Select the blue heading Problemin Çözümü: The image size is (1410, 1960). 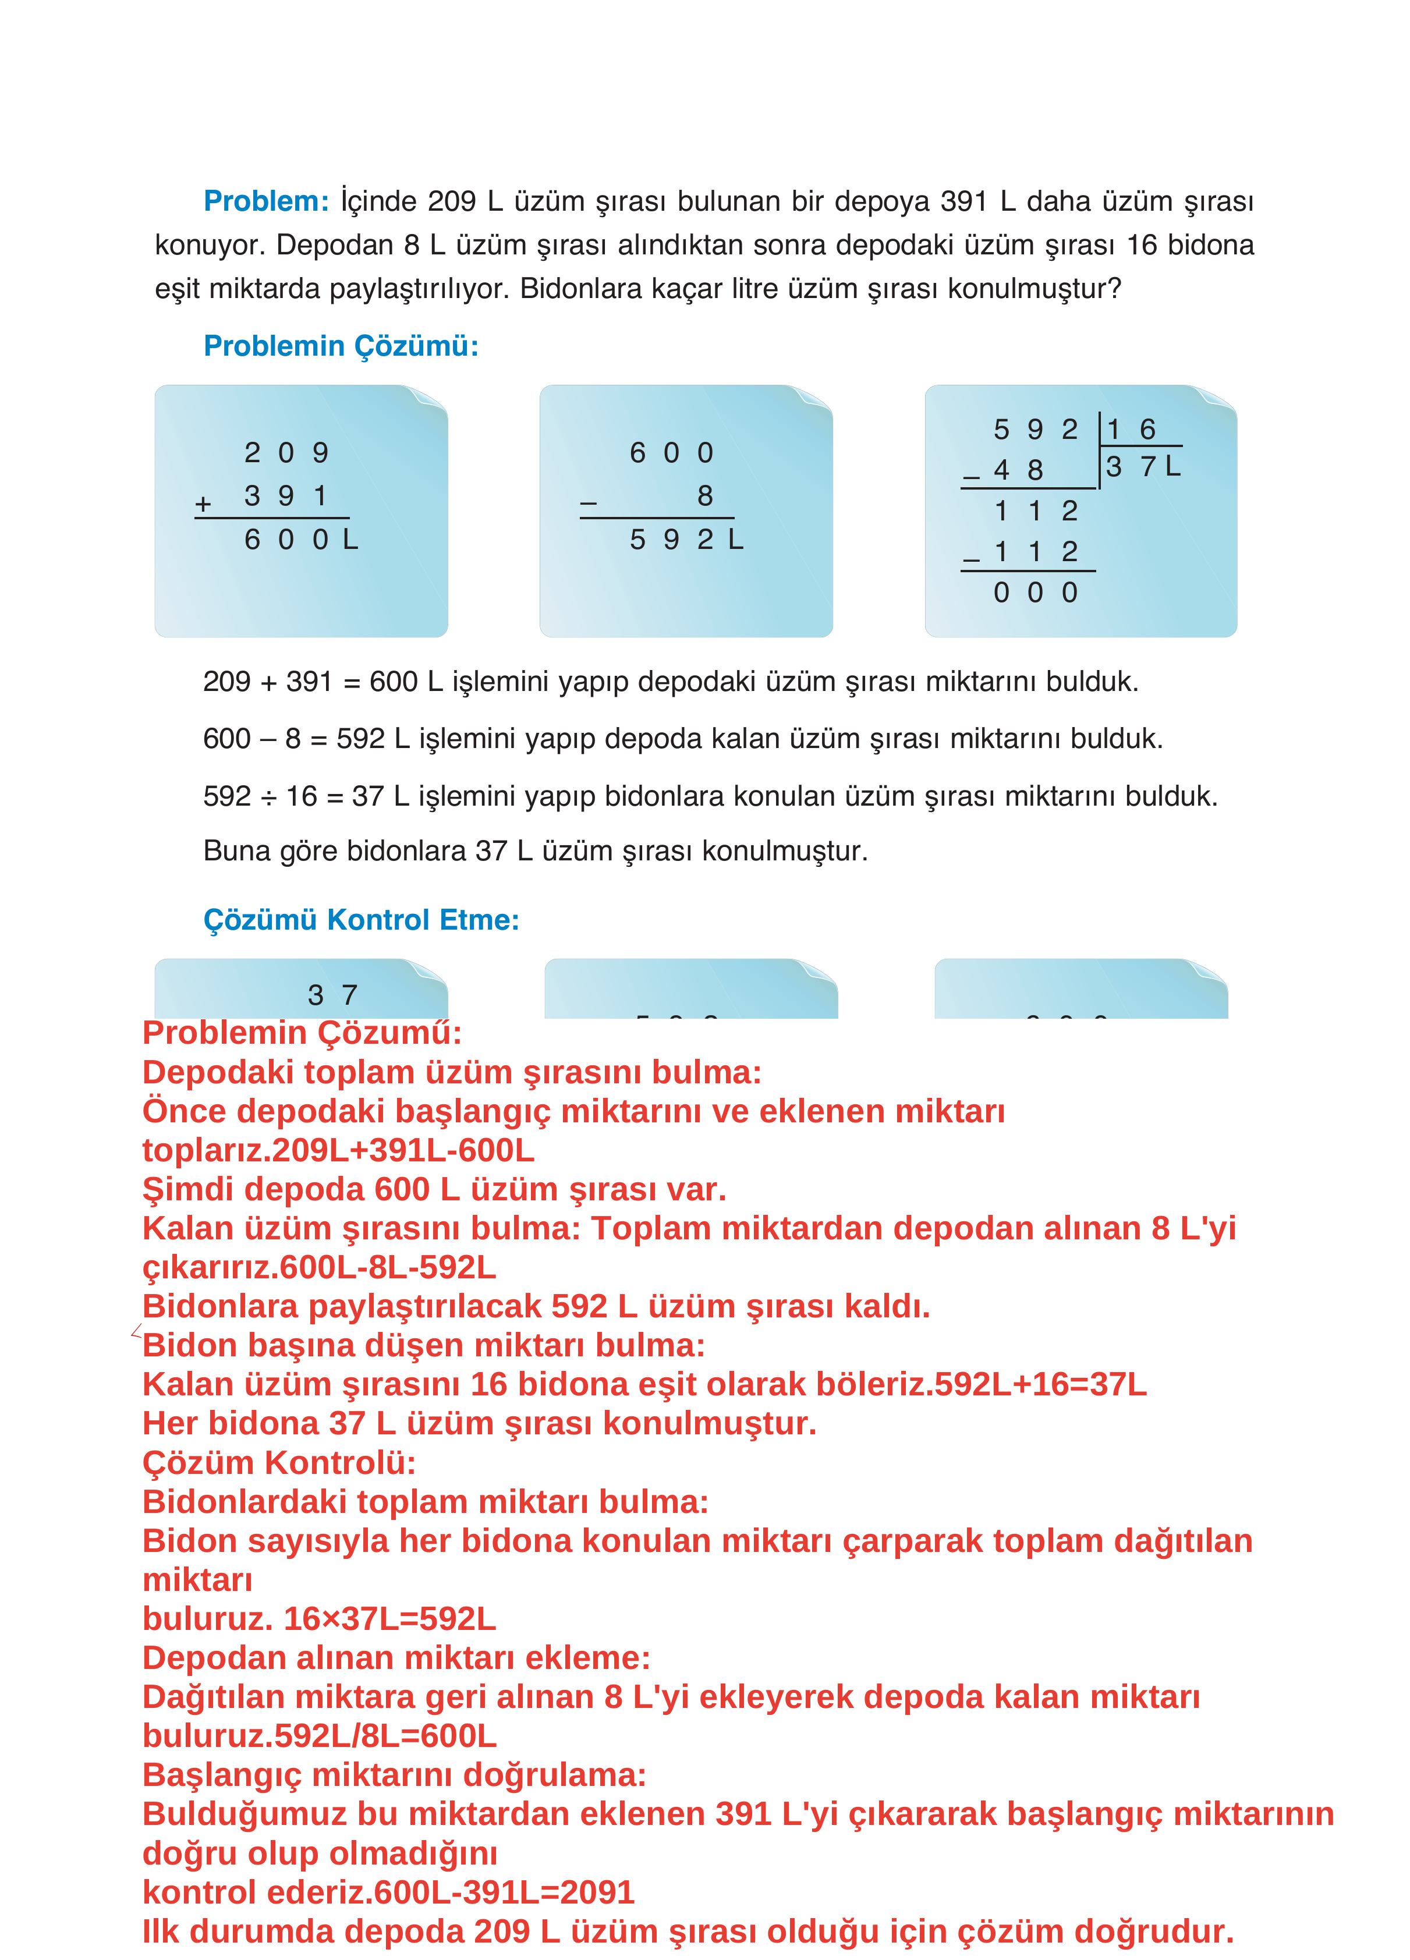click(x=341, y=346)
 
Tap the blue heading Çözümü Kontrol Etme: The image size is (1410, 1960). click(x=360, y=920)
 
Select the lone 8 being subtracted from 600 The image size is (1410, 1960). click(x=704, y=496)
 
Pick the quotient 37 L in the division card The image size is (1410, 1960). click(x=1141, y=467)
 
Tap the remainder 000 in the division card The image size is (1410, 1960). click(x=1035, y=593)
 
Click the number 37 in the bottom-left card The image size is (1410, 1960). click(x=332, y=995)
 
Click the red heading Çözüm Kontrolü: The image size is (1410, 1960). click(x=278, y=1462)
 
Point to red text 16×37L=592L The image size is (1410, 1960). click(x=389, y=1619)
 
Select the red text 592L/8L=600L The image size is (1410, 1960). click(x=385, y=1735)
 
